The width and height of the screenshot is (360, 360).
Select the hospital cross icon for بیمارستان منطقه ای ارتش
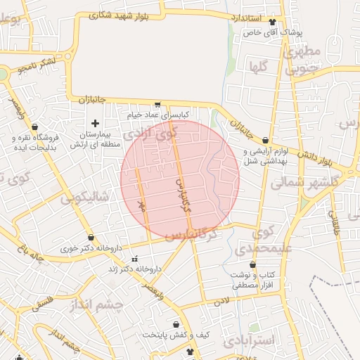pyautogui.click(x=96, y=123)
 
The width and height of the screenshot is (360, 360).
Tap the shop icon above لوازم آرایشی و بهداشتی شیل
pyautogui.click(x=265, y=141)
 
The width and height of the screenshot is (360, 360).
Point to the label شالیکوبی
pyautogui.click(x=86, y=198)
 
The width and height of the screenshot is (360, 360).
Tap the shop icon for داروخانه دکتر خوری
pyautogui.click(x=91, y=238)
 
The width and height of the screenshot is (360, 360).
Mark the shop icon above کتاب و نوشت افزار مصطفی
pyautogui.click(x=252, y=265)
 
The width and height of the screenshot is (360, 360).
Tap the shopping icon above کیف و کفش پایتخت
pyautogui.click(x=176, y=325)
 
